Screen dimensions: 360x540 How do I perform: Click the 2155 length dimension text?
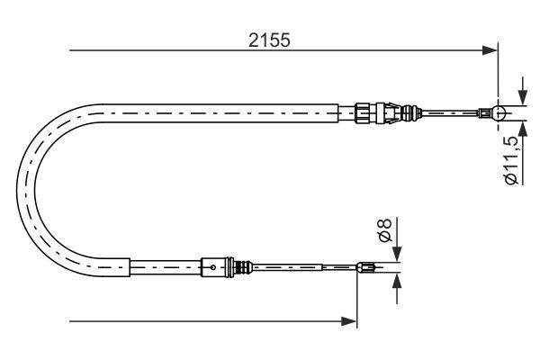(271, 40)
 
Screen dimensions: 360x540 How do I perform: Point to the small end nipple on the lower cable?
(364, 266)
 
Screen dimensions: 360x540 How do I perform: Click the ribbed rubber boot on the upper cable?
(412, 113)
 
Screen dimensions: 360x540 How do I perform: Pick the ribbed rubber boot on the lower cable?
(241, 266)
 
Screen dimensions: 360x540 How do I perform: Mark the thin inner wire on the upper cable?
(450, 113)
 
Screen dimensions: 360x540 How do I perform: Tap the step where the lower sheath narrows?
(131, 266)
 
